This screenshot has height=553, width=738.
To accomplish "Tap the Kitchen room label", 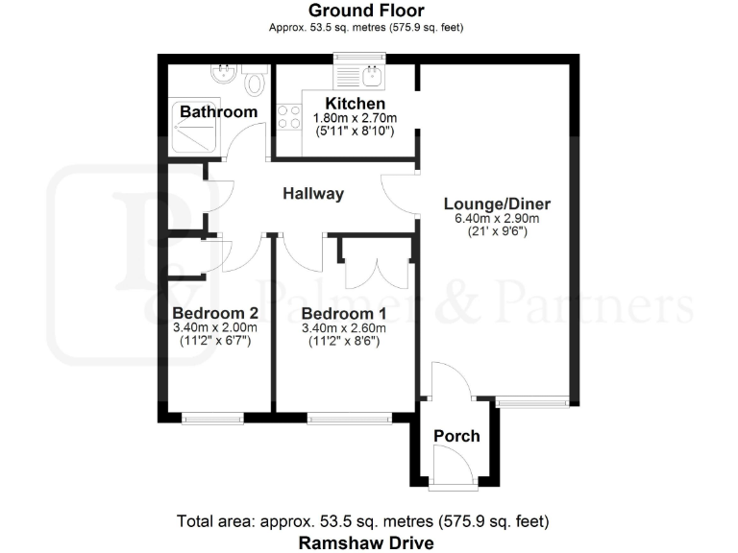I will (x=356, y=104).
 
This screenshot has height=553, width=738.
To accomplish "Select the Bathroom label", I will (x=219, y=112).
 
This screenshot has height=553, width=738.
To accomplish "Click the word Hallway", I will (x=313, y=194).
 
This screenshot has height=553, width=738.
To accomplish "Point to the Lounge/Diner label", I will (x=497, y=204).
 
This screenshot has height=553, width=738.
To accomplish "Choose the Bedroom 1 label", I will (x=343, y=314).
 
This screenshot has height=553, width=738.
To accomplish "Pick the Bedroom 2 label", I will (x=215, y=313).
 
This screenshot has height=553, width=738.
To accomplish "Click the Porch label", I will (x=456, y=436).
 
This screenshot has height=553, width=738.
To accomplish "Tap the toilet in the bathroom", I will (x=256, y=82).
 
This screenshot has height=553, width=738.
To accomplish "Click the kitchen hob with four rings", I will (x=289, y=117).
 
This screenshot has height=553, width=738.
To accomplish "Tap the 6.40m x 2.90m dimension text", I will (x=497, y=218).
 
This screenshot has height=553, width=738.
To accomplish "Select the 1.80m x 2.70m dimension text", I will (x=356, y=118).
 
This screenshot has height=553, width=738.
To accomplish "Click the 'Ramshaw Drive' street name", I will (x=366, y=542).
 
